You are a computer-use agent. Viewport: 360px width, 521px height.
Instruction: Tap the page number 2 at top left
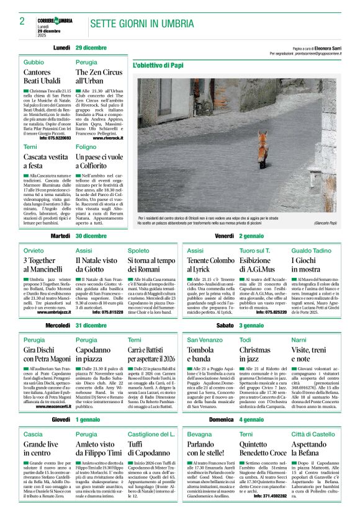coord(22,22)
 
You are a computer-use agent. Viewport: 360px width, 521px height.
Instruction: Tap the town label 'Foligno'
coord(86,148)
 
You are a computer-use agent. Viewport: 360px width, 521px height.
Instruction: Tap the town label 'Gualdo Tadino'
coord(311,250)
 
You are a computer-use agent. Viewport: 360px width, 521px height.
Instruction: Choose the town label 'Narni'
coord(299,339)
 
